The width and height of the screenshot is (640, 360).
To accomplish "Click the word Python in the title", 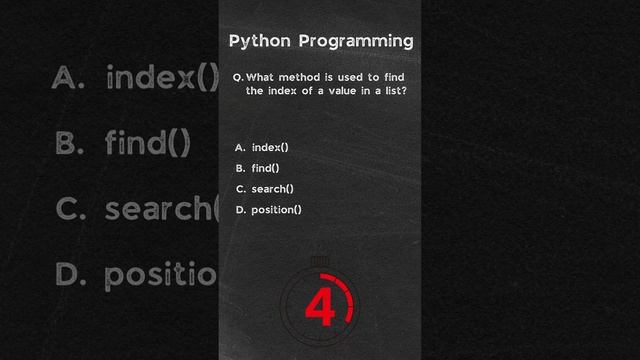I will click(259, 41).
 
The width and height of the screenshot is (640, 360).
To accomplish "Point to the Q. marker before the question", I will click(237, 77).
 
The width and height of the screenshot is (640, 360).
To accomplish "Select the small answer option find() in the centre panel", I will click(265, 168).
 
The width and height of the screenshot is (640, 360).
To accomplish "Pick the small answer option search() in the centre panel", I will click(273, 189).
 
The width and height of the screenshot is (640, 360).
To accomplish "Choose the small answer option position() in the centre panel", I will click(276, 209).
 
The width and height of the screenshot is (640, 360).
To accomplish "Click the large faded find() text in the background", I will click(147, 144).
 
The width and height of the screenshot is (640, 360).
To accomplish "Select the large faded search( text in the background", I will click(161, 209).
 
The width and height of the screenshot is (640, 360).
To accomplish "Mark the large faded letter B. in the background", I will click(69, 144).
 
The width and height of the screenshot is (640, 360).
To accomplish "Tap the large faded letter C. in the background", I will click(69, 209).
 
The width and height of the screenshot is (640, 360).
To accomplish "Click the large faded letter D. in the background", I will click(69, 274).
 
